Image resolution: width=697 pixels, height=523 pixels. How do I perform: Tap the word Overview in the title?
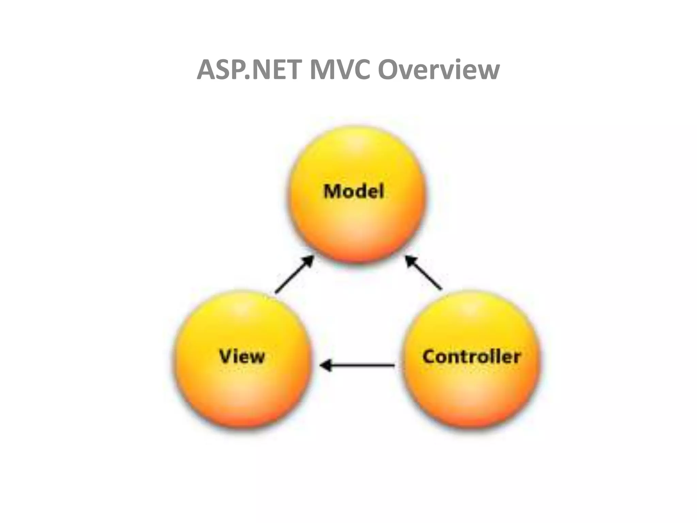tap(439, 70)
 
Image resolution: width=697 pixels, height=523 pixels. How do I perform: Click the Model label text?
tap(354, 191)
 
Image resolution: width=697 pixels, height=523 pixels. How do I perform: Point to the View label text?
tap(242, 356)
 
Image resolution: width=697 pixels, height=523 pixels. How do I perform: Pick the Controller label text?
tap(471, 356)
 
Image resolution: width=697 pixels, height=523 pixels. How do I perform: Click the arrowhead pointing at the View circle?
tap(325, 366)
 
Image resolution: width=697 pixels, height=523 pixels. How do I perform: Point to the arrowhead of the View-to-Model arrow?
tap(309, 261)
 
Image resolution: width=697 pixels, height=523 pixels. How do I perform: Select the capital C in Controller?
tap(429, 356)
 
